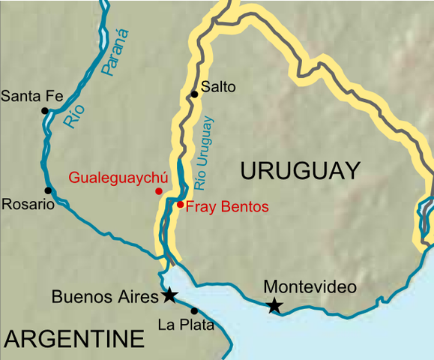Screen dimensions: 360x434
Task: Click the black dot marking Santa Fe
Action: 45,110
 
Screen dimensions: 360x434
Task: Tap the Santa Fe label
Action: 31,95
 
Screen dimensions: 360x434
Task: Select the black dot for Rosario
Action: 48,190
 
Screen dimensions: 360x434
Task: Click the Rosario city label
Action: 28,205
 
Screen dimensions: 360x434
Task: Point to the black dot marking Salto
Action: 194,94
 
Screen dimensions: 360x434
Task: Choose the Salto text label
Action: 219,87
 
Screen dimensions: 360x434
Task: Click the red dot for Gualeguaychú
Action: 158,191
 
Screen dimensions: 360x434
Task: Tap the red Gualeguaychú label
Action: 118,178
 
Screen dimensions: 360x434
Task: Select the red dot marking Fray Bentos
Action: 180,204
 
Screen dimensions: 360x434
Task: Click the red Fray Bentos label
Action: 226,206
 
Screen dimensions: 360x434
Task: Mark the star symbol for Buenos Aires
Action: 170,295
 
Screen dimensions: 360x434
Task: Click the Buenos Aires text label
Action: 105,296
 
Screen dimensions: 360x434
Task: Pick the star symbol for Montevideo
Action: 275,305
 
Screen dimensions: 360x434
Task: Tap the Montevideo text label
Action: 310,287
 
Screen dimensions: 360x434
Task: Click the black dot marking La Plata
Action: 194,310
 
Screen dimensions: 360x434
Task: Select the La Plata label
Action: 186,325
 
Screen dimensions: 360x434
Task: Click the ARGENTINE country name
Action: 73,339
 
